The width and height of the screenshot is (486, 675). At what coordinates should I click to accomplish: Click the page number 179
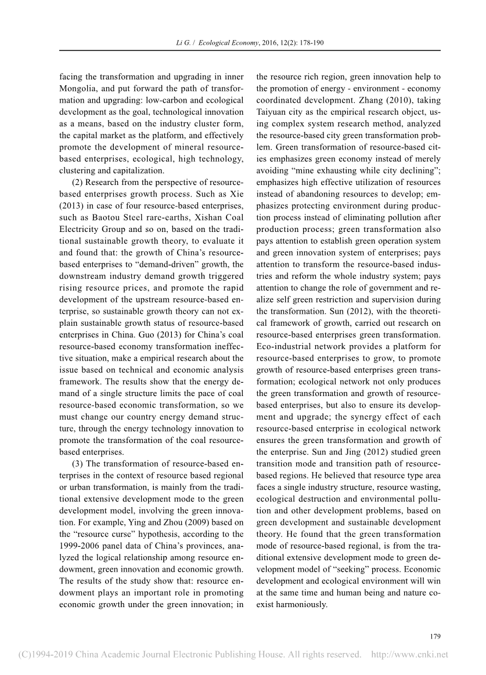click(x=435, y=636)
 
